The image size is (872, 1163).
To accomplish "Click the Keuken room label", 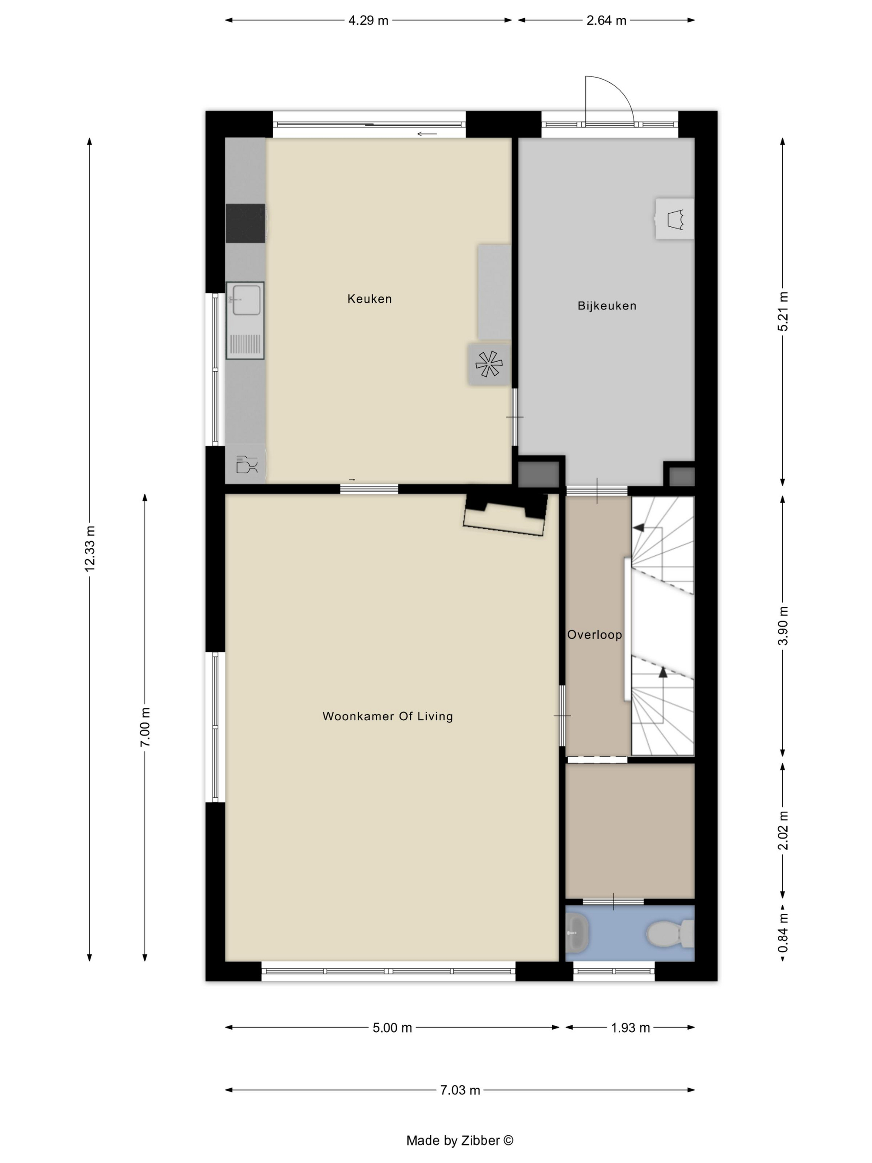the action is click(x=370, y=299).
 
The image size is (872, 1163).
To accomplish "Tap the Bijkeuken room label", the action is click(x=607, y=305).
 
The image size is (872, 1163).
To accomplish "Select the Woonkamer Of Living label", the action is click(x=387, y=716).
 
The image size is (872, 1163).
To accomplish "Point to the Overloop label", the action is click(x=595, y=635).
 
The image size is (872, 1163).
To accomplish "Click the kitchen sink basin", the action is click(x=246, y=300).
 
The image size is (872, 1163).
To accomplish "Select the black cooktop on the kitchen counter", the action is click(x=245, y=223).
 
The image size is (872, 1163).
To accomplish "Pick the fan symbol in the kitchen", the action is click(x=489, y=364).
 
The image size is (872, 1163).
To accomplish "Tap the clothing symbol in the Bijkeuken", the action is click(x=676, y=219).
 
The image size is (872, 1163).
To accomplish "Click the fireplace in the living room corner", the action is click(x=505, y=514).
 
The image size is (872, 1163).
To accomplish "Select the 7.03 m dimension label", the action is click(x=460, y=1090).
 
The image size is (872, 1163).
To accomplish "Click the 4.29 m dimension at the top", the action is click(x=368, y=20).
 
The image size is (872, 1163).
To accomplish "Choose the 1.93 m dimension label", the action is click(x=630, y=1027).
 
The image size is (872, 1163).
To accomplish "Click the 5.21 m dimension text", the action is click(x=783, y=311).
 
